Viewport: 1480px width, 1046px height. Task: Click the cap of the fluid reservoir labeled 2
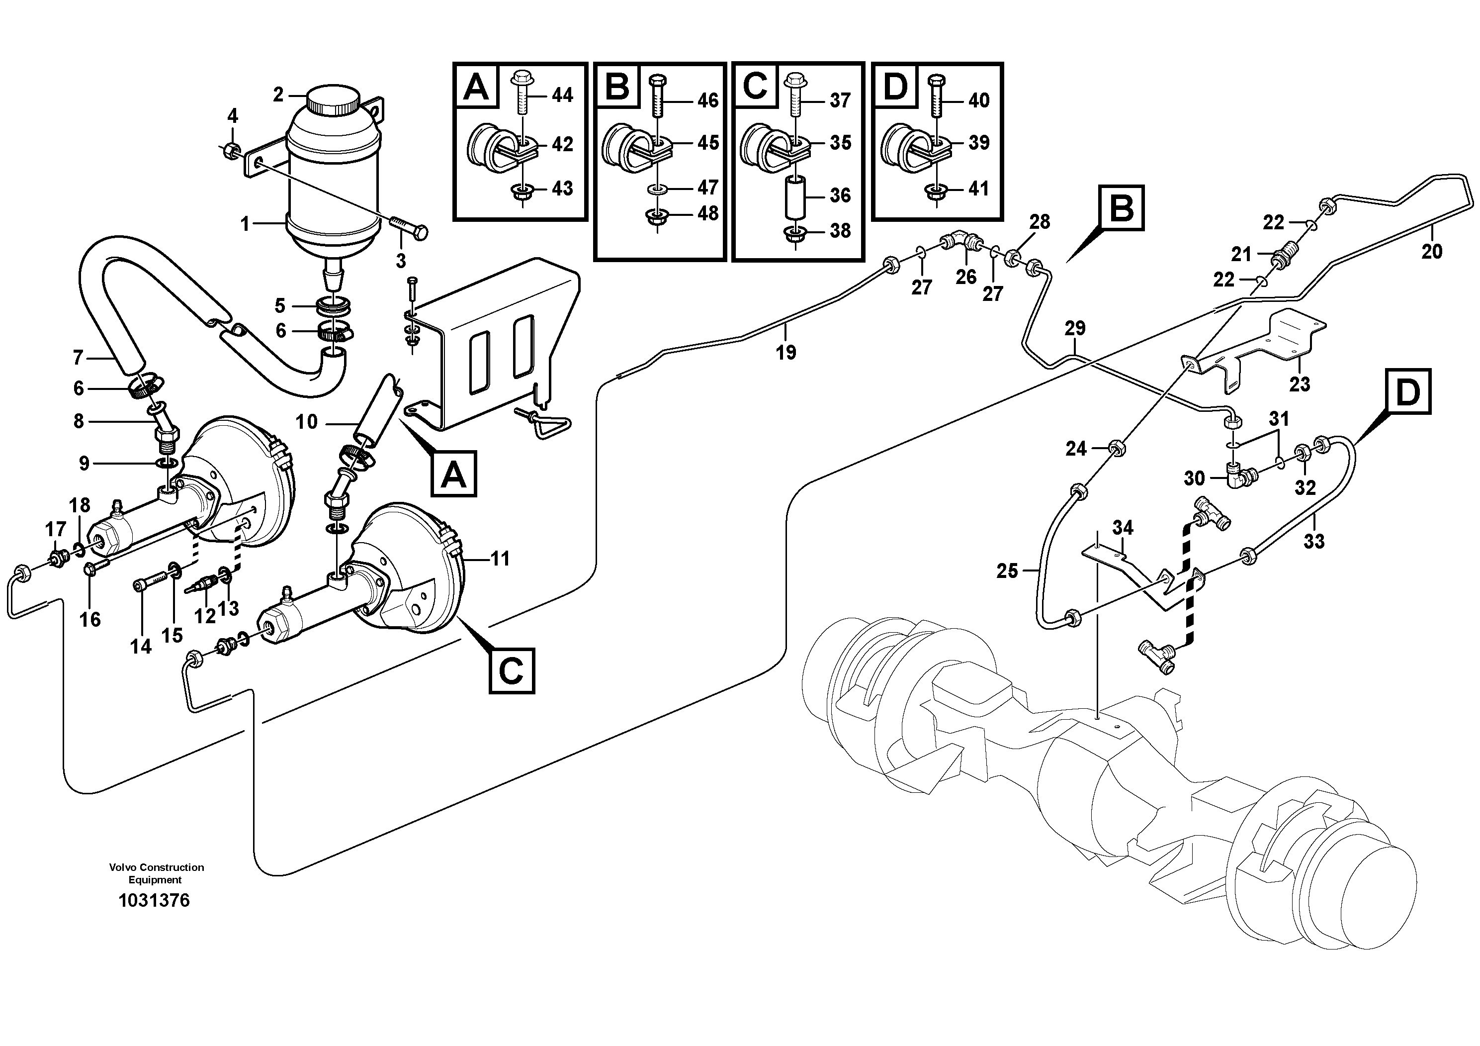pos(333,100)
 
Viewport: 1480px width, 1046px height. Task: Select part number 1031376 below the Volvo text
pos(154,901)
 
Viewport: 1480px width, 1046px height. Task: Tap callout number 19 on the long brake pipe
pos(786,352)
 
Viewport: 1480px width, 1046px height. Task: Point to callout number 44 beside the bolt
pos(562,95)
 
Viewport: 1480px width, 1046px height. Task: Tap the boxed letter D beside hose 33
pos(1408,391)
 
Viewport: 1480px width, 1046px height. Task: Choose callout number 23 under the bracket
pos(1300,384)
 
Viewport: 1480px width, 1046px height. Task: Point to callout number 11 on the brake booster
pos(500,559)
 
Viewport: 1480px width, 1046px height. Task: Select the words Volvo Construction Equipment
pos(156,873)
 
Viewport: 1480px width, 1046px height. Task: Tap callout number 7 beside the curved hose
pos(78,357)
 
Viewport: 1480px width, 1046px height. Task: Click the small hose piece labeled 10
pos(378,413)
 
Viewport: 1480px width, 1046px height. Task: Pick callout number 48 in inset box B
pos(708,213)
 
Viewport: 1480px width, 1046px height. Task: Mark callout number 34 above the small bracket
pos(1122,528)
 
